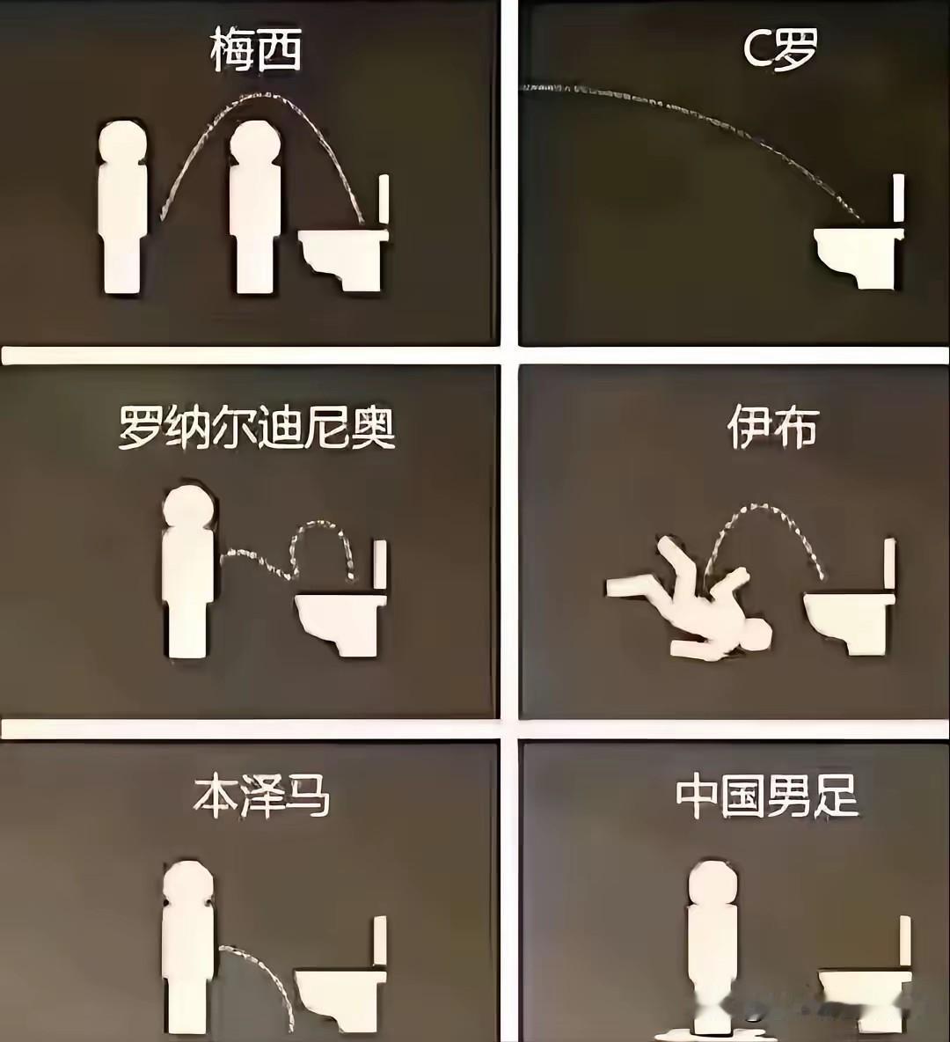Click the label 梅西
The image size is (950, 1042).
pyautogui.click(x=256, y=51)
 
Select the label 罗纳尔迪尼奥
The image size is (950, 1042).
pyautogui.click(x=257, y=428)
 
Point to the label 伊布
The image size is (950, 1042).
pyautogui.click(x=772, y=428)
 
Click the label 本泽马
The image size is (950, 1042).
pyautogui.click(x=262, y=796)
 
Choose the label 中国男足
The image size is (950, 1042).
pyautogui.click(x=767, y=796)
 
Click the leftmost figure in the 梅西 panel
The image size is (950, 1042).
pyautogui.click(x=123, y=207)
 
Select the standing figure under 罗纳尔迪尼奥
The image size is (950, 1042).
pyautogui.click(x=188, y=571)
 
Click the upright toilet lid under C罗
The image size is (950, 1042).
pyautogui.click(x=899, y=198)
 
